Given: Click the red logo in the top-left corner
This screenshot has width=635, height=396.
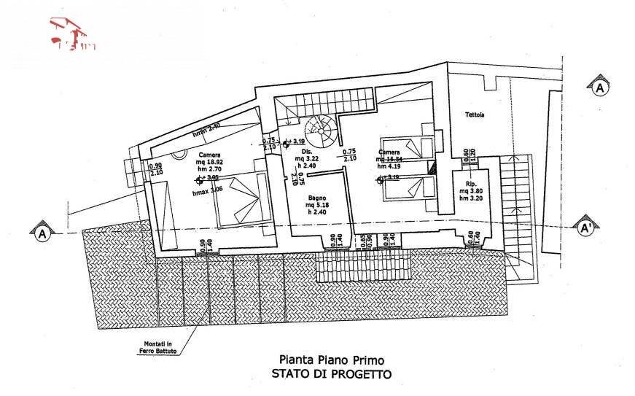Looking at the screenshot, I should pyautogui.click(x=71, y=35).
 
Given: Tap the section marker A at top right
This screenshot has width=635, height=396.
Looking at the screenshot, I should pyautogui.click(x=600, y=88).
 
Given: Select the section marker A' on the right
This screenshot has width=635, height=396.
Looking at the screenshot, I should pyautogui.click(x=585, y=227).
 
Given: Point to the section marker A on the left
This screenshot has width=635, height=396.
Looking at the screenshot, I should pyautogui.click(x=42, y=233).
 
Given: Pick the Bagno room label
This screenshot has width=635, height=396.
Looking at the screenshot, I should pyautogui.click(x=316, y=198).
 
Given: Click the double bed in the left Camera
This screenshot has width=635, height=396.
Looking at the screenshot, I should pyautogui.click(x=240, y=199).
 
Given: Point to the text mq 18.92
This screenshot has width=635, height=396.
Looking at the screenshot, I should pyautogui.click(x=210, y=162).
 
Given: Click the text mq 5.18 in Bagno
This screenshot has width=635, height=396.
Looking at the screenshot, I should pyautogui.click(x=316, y=205).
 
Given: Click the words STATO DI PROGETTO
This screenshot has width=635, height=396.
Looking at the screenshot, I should pyautogui.click(x=331, y=374).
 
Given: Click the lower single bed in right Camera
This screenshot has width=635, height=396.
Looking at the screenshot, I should pyautogui.click(x=408, y=190).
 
